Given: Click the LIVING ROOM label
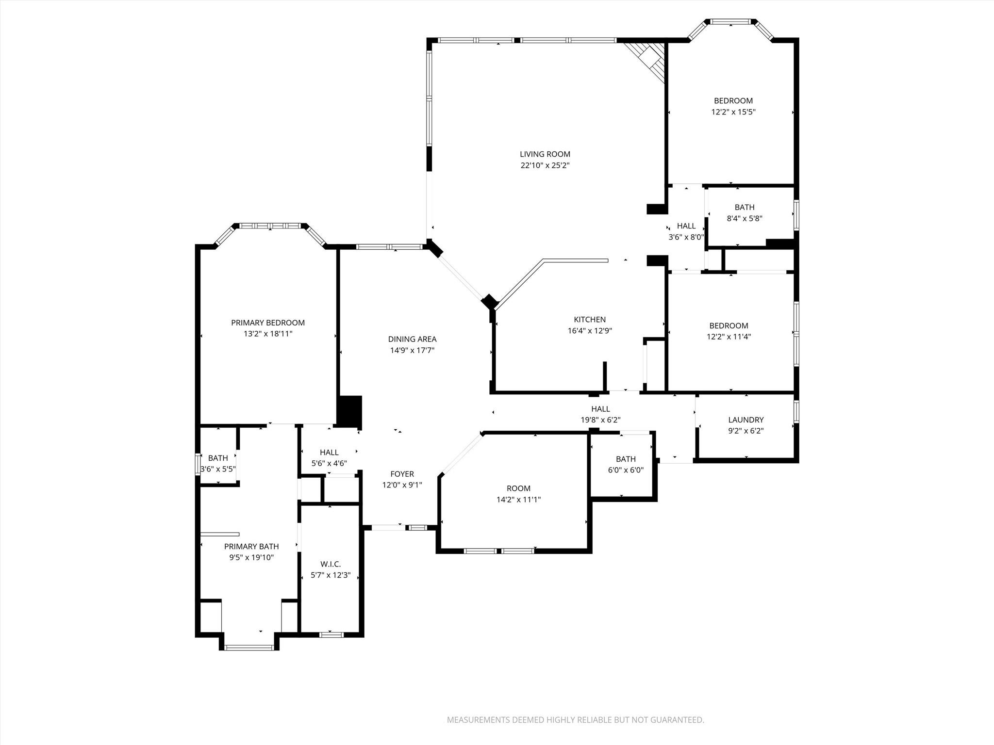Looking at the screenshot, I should click(x=545, y=154).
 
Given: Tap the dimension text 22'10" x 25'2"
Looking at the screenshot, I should click(x=545, y=165).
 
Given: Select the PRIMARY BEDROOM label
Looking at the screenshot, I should click(x=268, y=323).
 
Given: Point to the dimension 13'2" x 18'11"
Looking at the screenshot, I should click(x=268, y=334).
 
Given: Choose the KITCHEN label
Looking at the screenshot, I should click(x=590, y=320).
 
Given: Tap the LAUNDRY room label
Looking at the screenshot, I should click(x=745, y=420).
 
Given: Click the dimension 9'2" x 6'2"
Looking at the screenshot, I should click(x=745, y=431).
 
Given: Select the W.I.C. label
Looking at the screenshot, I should click(x=331, y=564).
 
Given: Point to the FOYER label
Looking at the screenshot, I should click(x=402, y=474).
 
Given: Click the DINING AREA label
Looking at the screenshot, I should click(x=412, y=340).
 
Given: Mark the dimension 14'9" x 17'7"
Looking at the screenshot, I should click(x=412, y=351).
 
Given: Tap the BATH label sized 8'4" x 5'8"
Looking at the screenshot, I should click(x=744, y=208).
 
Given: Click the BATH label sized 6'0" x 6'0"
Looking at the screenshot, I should click(x=626, y=459).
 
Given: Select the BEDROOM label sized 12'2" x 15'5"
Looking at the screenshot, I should click(x=733, y=101).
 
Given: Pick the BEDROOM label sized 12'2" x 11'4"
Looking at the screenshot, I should click(x=729, y=326).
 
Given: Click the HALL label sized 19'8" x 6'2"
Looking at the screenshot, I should click(x=600, y=409).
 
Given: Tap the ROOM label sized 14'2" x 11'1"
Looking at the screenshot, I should click(x=518, y=488).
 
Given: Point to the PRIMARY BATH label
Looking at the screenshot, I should click(x=251, y=547).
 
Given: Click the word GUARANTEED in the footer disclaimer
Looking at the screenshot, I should click(x=677, y=720).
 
